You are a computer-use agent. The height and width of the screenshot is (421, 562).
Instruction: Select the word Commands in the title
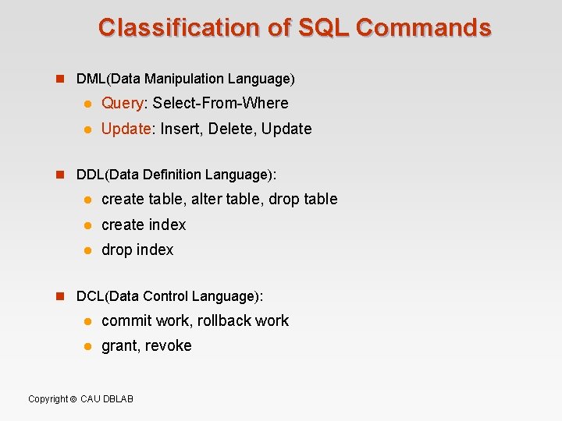tap(423, 27)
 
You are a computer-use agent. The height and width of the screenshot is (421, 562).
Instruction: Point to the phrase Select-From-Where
tap(221, 104)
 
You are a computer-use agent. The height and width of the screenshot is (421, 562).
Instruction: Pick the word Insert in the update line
tap(180, 129)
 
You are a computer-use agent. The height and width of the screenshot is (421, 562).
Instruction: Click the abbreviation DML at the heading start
tap(91, 79)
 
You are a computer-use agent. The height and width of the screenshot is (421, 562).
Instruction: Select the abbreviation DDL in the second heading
tap(91, 174)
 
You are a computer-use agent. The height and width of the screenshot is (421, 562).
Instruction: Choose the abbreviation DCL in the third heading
tap(91, 296)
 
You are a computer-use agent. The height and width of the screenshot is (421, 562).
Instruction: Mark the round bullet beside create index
tap(88, 225)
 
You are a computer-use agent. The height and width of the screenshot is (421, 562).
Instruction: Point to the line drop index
tap(137, 250)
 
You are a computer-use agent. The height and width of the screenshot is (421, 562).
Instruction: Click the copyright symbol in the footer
tap(73, 399)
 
